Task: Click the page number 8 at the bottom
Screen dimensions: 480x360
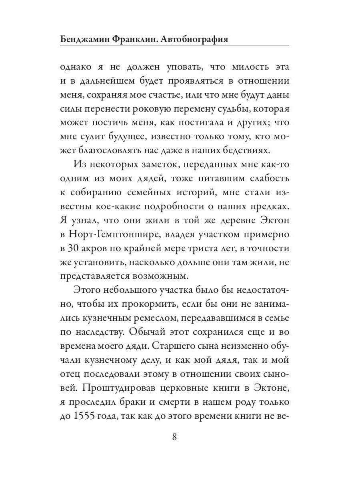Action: pyautogui.click(x=174, y=436)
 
